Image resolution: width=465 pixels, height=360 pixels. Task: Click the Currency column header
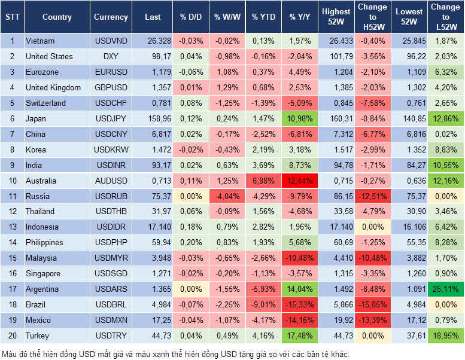pos(111,17)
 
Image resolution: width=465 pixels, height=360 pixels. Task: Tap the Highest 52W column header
pos(336,17)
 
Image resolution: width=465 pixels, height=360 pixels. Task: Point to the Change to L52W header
pos(445,17)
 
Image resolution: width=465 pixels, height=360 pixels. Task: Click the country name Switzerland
pos(45,103)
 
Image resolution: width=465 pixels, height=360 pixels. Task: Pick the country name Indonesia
pos(42,227)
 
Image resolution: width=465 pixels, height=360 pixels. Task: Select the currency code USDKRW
pos(111,150)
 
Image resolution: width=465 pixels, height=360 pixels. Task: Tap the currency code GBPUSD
pos(111,87)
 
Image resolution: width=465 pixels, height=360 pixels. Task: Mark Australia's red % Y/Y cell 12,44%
pos(301,181)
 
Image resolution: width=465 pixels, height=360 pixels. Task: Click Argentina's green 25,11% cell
pos(445,289)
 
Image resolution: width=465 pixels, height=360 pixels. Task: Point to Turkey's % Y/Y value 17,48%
pos(301,336)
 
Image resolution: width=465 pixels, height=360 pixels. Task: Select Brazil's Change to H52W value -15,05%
pos(373,305)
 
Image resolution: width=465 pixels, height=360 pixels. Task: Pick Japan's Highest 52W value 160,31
pos(336,118)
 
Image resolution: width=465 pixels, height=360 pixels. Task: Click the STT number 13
pos(12,227)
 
